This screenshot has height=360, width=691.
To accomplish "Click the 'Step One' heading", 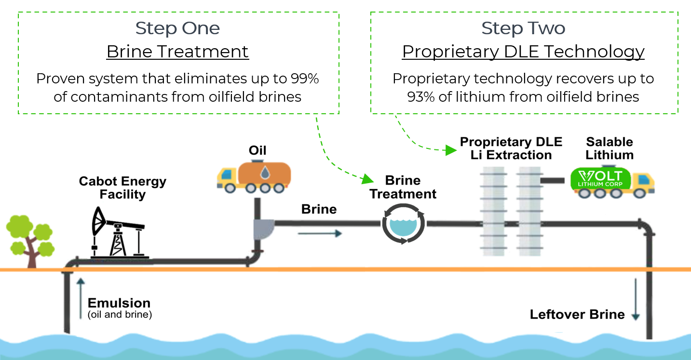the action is (x=177, y=28).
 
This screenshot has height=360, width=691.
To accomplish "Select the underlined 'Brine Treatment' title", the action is (x=177, y=51).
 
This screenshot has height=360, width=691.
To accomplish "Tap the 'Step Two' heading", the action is (x=523, y=28).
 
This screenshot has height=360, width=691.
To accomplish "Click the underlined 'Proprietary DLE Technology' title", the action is (x=523, y=52).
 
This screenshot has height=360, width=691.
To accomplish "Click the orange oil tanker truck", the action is (x=254, y=176).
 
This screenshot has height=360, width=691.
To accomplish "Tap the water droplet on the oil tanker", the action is (x=265, y=173).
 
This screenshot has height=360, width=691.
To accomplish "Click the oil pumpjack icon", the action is (x=119, y=233).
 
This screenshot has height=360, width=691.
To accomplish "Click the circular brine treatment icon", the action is (x=403, y=224).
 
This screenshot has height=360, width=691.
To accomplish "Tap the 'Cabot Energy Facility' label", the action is (x=122, y=187).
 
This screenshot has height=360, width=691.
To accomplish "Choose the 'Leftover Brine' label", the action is (x=577, y=314).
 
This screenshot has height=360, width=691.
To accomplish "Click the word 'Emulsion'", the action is (x=119, y=303).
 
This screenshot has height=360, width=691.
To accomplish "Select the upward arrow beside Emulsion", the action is (x=81, y=298).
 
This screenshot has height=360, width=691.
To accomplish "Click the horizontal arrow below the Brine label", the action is (x=320, y=234).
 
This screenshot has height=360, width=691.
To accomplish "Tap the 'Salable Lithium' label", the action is (x=610, y=148).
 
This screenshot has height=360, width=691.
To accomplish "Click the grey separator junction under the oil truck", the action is (x=263, y=229).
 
